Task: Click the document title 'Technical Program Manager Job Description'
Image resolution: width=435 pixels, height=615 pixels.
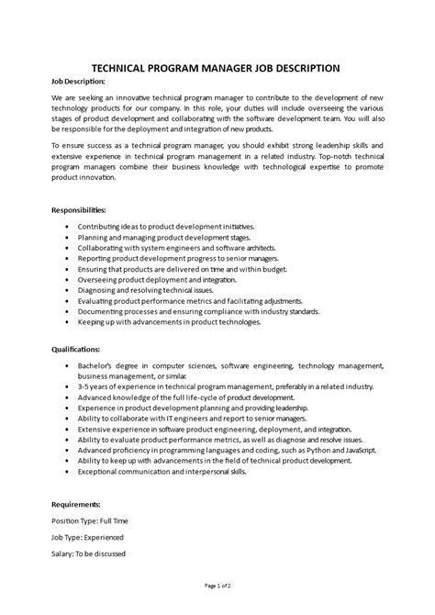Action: (217, 67)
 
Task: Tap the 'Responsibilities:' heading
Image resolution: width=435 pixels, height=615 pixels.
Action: (84, 209)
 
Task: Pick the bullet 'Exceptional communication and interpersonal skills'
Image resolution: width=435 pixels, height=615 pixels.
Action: (174, 474)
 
